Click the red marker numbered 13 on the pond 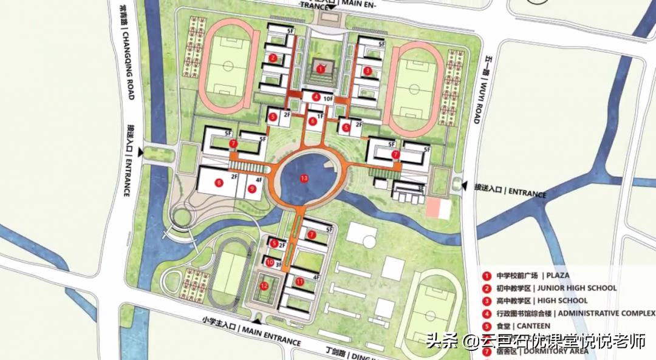coord(304,178)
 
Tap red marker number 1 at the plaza coord(320,69)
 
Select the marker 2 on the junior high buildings coord(273,58)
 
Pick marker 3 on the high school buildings coord(367,70)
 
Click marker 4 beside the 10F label coord(316,97)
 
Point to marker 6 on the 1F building coord(313,121)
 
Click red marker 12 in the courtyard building coord(264,285)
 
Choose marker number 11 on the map coord(299,281)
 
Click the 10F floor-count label coord(329,98)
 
